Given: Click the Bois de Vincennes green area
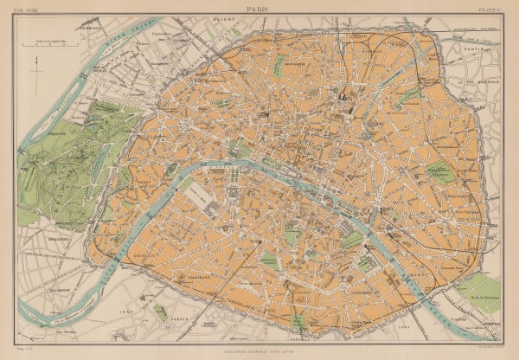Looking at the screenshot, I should pyautogui.click(x=481, y=294).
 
